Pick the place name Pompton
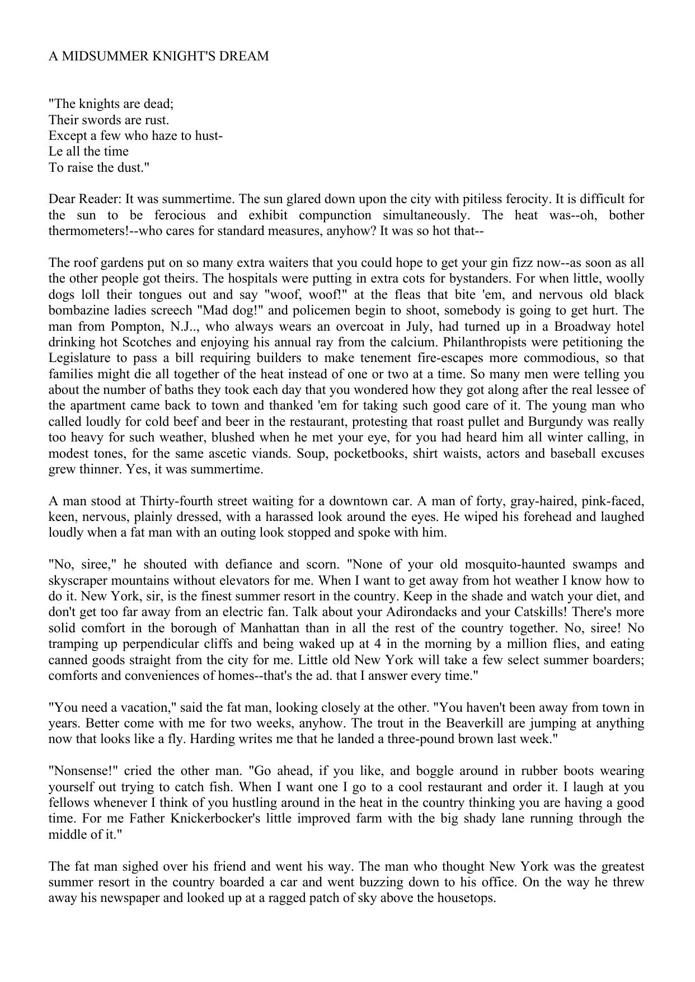[x=134, y=326]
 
